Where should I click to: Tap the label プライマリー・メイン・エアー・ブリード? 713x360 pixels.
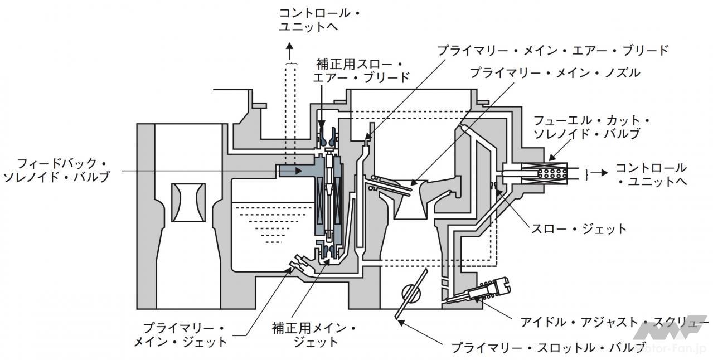(552, 50)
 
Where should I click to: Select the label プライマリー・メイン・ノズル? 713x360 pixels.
(554, 73)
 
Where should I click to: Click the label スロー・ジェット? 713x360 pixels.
(579, 228)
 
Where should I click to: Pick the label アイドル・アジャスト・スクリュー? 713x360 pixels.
(613, 322)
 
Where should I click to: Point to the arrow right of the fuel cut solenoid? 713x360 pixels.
(600, 173)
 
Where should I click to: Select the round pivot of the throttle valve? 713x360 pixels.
(411, 293)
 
